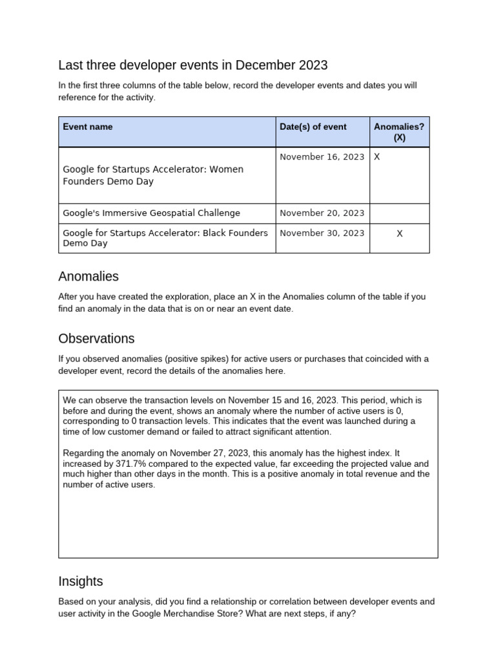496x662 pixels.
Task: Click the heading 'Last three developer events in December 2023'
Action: (192, 65)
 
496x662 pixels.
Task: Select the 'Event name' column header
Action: (87, 127)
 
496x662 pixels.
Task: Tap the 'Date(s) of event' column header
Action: (313, 127)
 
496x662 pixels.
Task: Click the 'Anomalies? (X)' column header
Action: (398, 132)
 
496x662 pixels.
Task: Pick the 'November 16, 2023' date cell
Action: (322, 156)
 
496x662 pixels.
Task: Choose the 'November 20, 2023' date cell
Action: (322, 213)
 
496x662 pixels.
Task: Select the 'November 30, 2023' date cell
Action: (322, 233)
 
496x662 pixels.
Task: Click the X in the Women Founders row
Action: (377, 156)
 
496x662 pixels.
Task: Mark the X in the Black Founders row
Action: (399, 233)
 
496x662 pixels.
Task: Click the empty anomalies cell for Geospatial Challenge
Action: (399, 213)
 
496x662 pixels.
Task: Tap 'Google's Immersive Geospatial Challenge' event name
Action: (151, 213)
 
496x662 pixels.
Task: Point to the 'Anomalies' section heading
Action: (88, 277)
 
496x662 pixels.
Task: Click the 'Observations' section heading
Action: (96, 339)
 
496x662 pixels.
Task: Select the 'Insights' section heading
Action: (80, 581)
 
